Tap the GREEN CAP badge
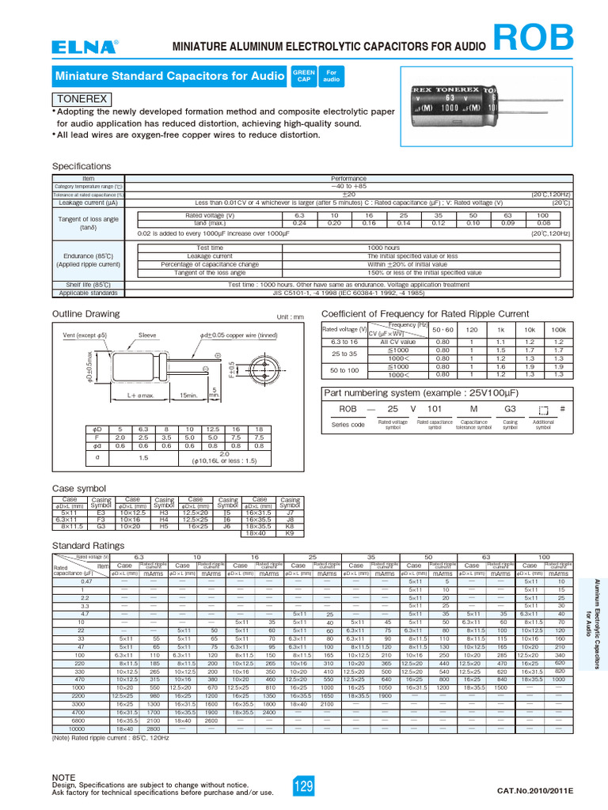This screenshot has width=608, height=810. click(304, 75)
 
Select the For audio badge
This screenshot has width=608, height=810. click(331, 75)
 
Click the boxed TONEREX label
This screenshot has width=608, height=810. click(82, 100)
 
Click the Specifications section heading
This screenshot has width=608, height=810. click(82, 166)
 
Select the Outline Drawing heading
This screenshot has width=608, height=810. click(85, 313)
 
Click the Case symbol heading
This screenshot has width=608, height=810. click(78, 489)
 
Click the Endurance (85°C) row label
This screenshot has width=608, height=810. click(89, 259)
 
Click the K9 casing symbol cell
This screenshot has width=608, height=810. click(290, 534)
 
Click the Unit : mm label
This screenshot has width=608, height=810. click(290, 317)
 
